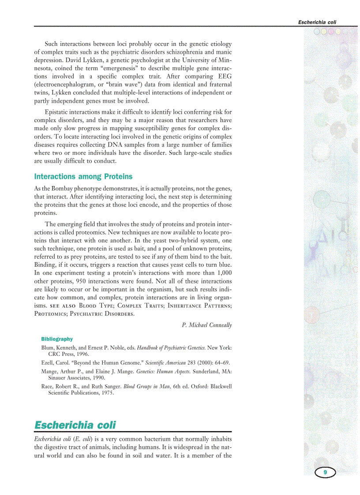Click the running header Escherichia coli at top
pos(320,22)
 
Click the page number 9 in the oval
pos(325,473)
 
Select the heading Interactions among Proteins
pos(83,177)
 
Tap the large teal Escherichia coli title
pos(75,425)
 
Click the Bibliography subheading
pos(57,339)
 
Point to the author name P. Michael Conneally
pos(206,325)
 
